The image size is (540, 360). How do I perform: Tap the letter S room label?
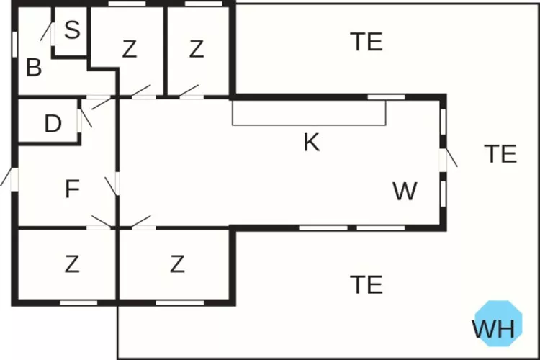(x=71, y=30)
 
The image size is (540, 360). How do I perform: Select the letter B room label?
(x=33, y=68)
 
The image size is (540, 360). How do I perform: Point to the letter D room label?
(x=53, y=124)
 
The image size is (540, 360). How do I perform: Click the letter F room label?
(x=71, y=189)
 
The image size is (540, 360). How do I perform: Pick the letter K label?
(x=311, y=143)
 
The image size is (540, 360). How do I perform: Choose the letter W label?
(x=405, y=192)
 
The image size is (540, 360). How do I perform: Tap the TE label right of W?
(x=500, y=154)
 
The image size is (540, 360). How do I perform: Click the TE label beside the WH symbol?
(x=366, y=285)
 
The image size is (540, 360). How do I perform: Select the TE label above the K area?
(x=366, y=42)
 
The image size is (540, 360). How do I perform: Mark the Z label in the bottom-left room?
(x=71, y=265)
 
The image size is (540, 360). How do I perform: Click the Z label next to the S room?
(x=129, y=49)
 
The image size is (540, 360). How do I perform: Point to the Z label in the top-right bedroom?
(x=197, y=49)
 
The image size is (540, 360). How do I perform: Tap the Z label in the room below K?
(x=177, y=265)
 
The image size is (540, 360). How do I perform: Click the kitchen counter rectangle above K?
(x=309, y=113)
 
